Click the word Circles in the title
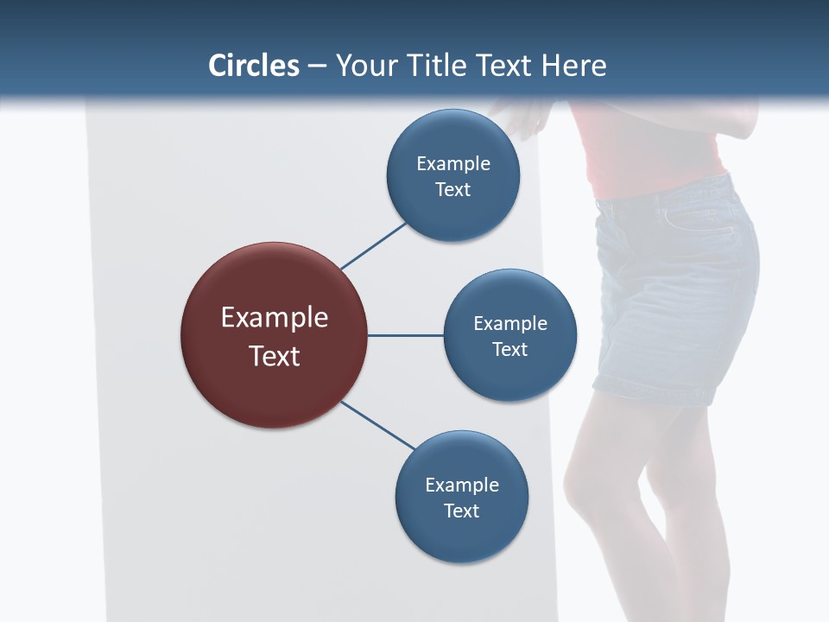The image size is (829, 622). tap(254, 66)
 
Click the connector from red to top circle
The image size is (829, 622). tap(374, 245)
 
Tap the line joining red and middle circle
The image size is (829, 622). tap(405, 335)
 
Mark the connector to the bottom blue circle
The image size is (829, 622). tap(378, 426)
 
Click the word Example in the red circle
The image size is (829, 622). tap(274, 318)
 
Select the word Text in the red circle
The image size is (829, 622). tap(274, 355)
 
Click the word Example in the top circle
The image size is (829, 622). tap(452, 164)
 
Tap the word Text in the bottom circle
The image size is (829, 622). tap(461, 511)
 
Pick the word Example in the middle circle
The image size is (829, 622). tap(509, 324)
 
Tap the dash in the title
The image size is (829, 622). tap(316, 67)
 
